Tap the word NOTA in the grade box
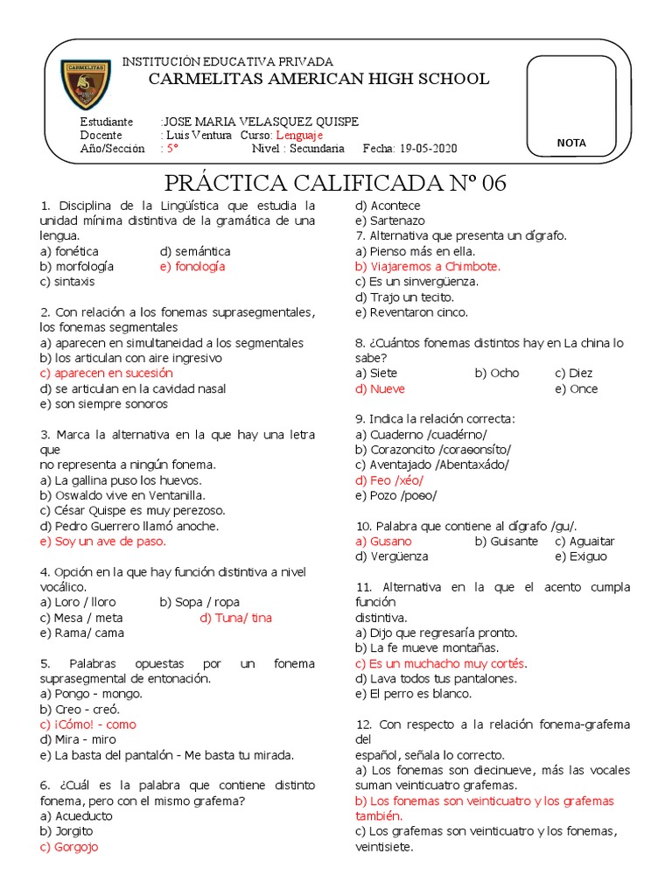(x=571, y=143)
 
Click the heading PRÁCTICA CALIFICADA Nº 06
(x=336, y=184)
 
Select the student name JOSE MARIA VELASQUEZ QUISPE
(x=262, y=122)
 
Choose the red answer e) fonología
(x=192, y=266)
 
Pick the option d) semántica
(x=195, y=251)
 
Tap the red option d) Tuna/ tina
(x=235, y=618)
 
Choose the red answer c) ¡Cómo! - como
(x=87, y=724)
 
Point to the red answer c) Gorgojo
(x=69, y=847)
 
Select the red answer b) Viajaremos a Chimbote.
(x=427, y=266)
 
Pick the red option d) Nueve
(x=380, y=388)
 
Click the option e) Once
(x=577, y=388)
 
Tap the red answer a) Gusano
(x=383, y=542)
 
